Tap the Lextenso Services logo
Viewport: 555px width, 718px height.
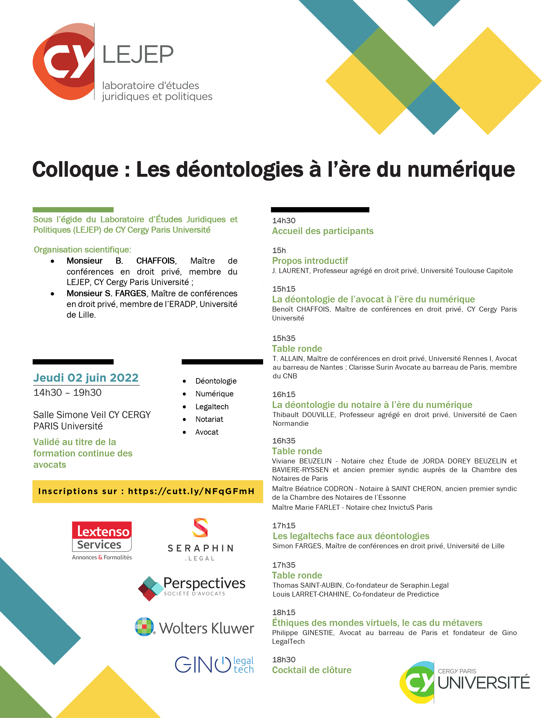point(102,540)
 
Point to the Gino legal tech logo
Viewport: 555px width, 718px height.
point(214,665)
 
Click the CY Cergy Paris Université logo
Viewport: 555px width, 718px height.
point(464,682)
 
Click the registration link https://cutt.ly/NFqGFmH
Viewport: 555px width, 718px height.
point(191,491)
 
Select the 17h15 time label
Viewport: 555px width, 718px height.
point(284,526)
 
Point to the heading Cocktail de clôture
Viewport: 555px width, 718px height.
point(312,670)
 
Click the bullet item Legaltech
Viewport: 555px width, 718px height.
point(212,407)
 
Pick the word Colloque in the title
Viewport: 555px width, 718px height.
point(75,170)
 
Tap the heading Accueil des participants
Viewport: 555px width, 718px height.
point(323,231)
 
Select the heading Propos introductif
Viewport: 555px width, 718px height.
point(310,261)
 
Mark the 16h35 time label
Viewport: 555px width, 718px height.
point(284,441)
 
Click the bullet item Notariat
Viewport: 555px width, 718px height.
point(209,419)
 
